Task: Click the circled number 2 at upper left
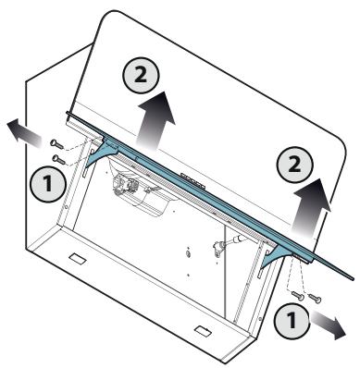[x=141, y=76]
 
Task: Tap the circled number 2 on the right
[x=295, y=165]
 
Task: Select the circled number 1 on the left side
[x=48, y=184]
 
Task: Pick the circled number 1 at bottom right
[x=292, y=320]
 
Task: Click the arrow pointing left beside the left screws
[x=24, y=133]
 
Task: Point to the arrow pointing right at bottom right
[x=328, y=325]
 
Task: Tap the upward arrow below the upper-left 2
[x=156, y=120]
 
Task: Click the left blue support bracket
[x=101, y=153]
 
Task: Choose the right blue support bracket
[x=277, y=255]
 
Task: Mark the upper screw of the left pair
[x=56, y=144]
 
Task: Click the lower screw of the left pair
[x=58, y=160]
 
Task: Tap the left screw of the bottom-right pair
[x=298, y=295]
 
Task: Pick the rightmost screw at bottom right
[x=315, y=298]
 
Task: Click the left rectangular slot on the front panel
[x=77, y=258]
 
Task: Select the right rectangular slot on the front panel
[x=203, y=330]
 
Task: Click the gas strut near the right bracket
[x=229, y=245]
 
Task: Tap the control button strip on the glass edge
[x=192, y=179]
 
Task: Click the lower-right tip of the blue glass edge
[x=353, y=277]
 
